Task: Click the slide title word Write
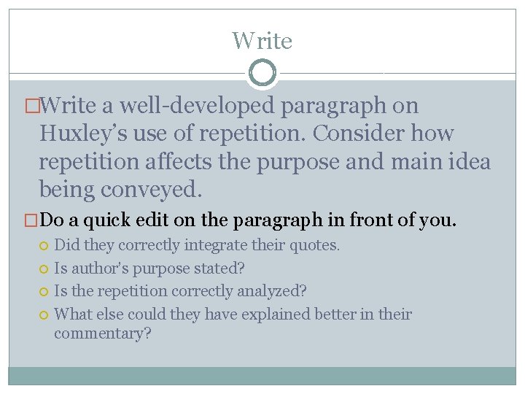pos(262,41)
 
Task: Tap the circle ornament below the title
pos(262,73)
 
